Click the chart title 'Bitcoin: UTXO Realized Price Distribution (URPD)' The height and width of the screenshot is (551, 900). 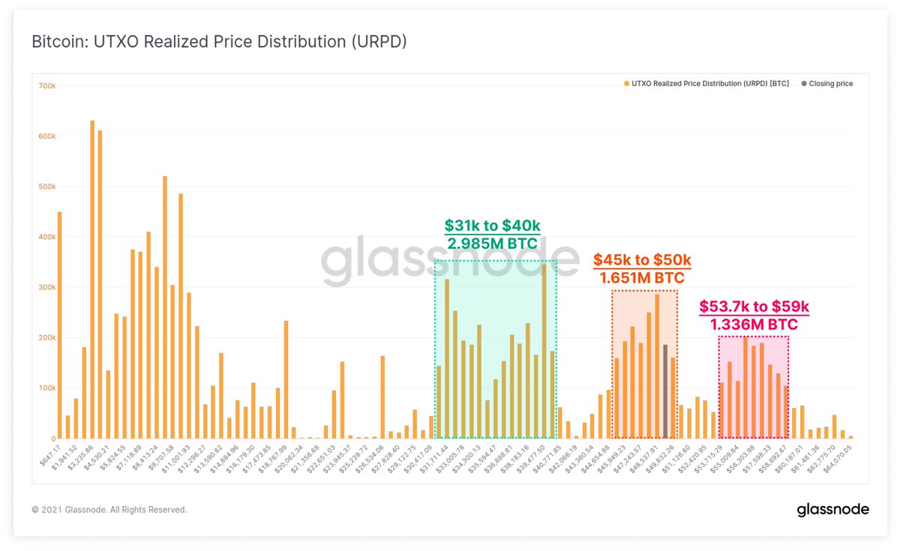219,41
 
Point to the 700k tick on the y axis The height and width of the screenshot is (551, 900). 46,86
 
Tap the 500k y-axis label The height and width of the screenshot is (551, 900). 46,187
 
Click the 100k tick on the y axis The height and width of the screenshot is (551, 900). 46,388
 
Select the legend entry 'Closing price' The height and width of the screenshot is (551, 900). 830,84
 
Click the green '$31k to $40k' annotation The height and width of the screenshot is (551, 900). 492,226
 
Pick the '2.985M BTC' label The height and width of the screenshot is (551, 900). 493,244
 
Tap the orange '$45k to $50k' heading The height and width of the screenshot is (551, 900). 642,260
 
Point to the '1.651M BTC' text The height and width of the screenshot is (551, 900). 642,278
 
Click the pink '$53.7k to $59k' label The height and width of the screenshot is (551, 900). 754,307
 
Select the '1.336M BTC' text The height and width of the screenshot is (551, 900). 754,324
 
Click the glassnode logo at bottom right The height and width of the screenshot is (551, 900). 832,510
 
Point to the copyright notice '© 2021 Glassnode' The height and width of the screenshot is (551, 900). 109,510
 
